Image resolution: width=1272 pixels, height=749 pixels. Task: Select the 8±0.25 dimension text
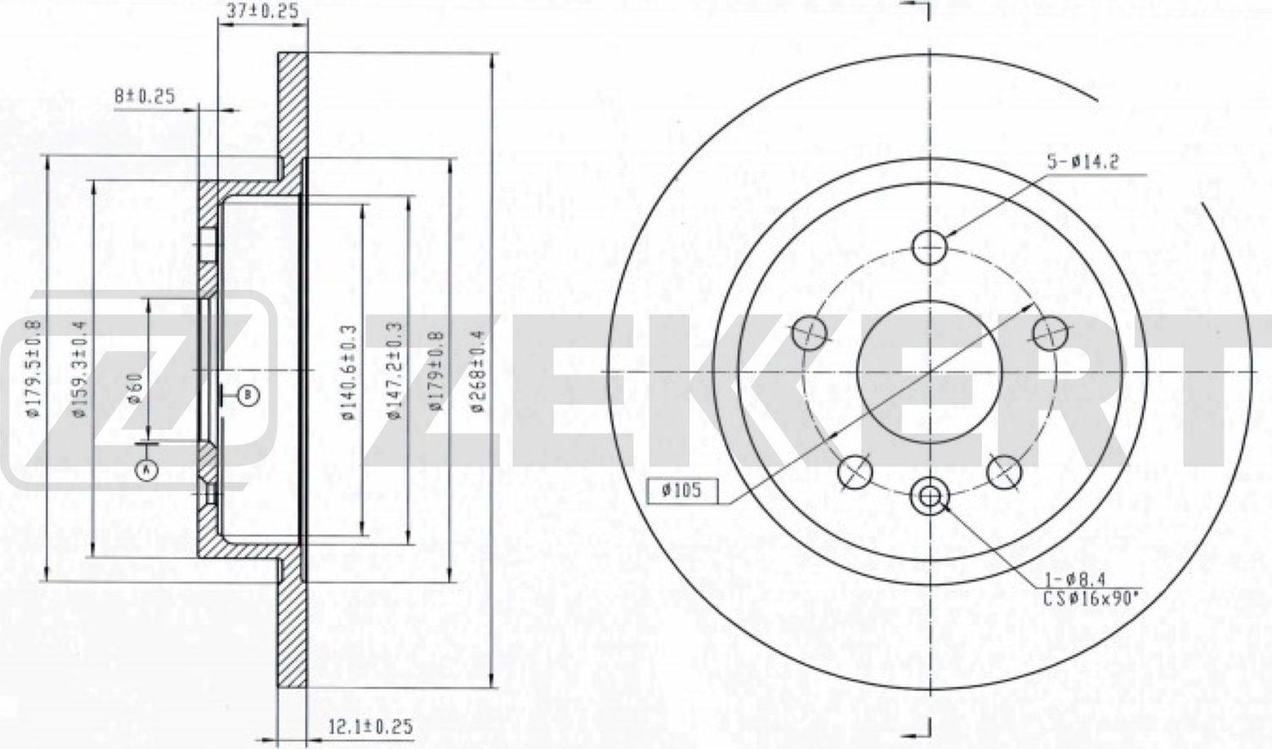(145, 96)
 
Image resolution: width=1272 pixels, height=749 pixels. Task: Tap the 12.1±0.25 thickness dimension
(370, 726)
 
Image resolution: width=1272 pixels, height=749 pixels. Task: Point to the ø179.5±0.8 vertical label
(35, 368)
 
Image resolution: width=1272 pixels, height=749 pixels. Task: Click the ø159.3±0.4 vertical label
(81, 368)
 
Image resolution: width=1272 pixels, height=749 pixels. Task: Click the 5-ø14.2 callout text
(1082, 163)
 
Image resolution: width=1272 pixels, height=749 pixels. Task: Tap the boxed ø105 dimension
(680, 490)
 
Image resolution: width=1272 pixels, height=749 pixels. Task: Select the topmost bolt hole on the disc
(929, 246)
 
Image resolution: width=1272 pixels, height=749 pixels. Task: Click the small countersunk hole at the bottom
(929, 497)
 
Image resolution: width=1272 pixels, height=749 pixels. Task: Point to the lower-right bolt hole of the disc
(1003, 471)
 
